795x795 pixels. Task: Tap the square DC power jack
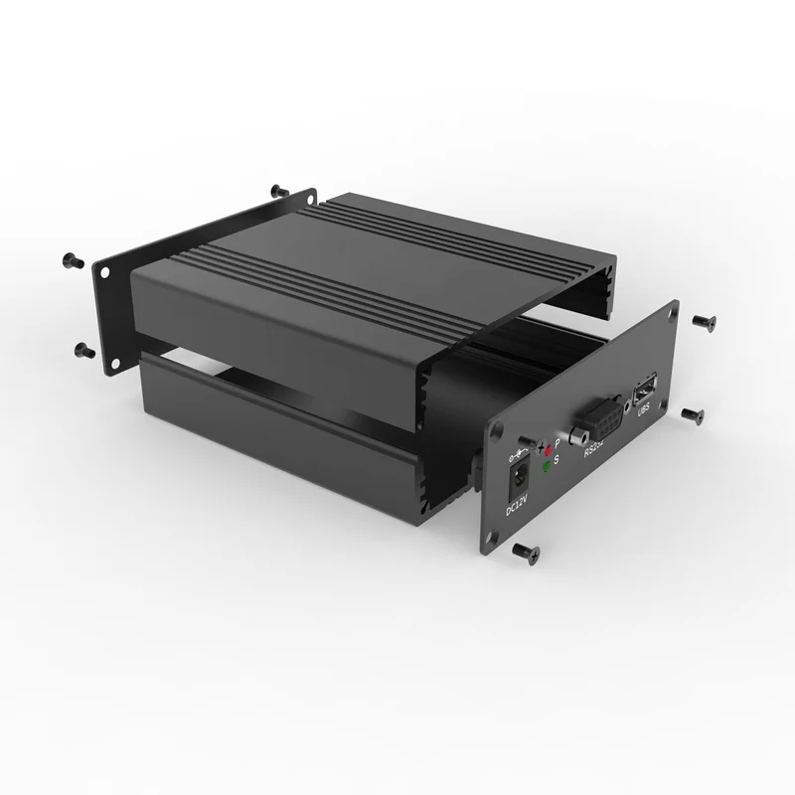pyautogui.click(x=517, y=480)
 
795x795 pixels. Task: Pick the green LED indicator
pyautogui.click(x=548, y=465)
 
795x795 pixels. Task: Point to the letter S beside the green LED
pyautogui.click(x=556, y=459)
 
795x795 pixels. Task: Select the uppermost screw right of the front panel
pyautogui.click(x=705, y=320)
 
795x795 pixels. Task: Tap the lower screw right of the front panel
pyautogui.click(x=693, y=414)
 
